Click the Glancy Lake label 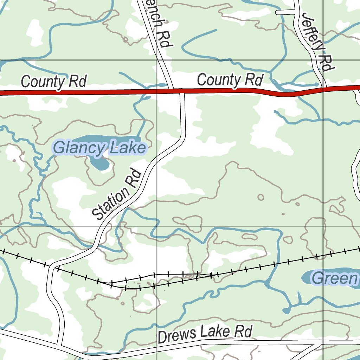[x=99, y=148]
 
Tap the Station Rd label [x=116, y=194]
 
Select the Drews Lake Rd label [x=205, y=333]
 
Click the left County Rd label [x=53, y=82]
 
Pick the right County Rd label [x=230, y=80]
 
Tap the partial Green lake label [x=334, y=278]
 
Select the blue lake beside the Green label [x=308, y=278]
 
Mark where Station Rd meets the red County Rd [x=182, y=91]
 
